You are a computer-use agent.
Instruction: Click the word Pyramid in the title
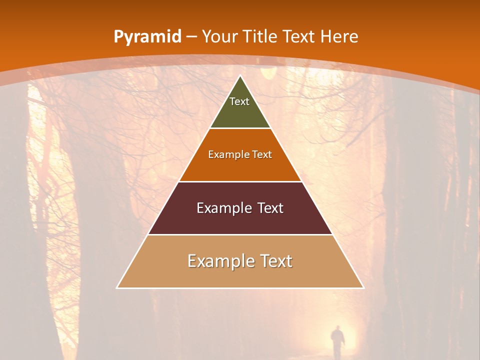click(147, 37)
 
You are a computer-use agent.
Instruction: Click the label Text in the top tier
click(239, 101)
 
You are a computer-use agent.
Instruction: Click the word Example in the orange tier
click(227, 154)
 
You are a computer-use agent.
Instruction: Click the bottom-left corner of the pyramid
click(117, 287)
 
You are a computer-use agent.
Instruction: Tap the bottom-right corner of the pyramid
click(363, 287)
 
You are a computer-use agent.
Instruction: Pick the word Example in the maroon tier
click(222, 208)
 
